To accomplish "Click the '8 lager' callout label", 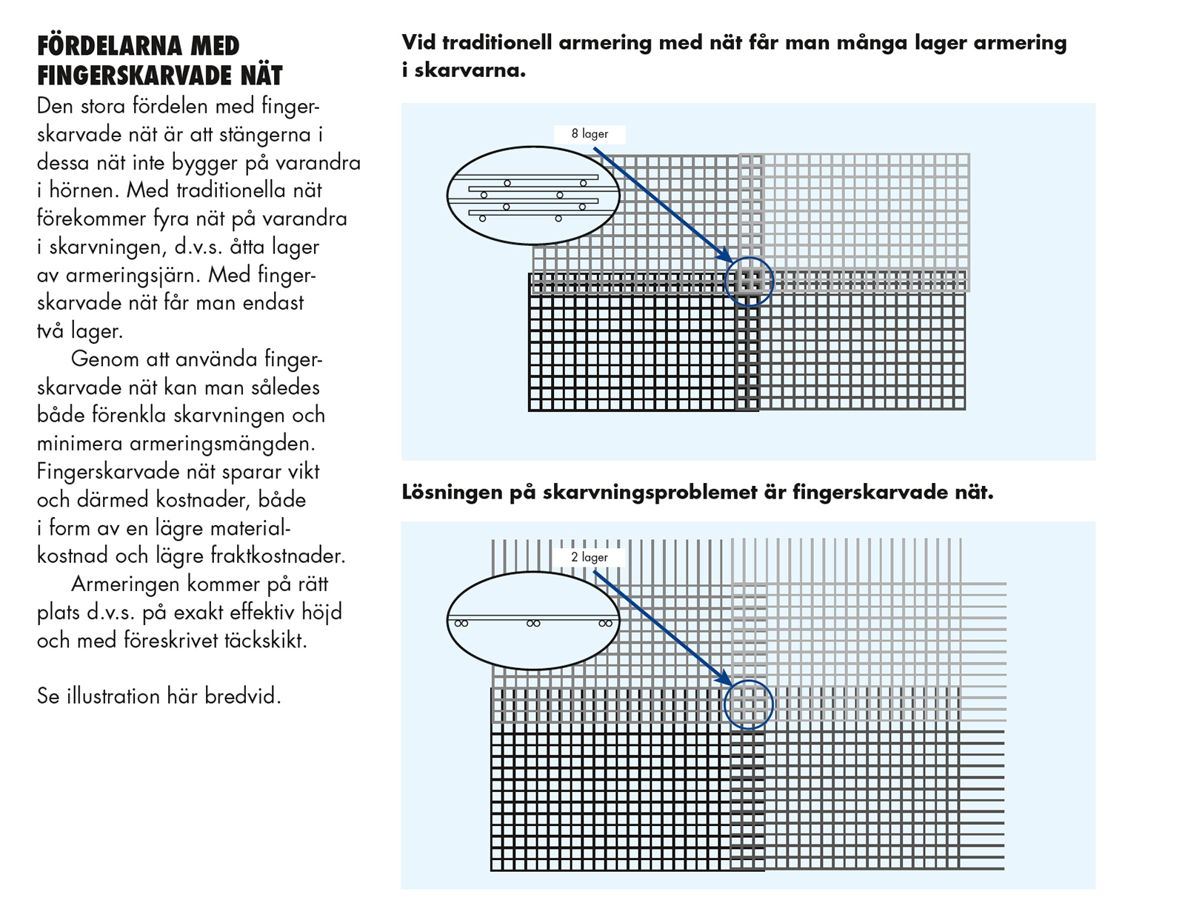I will [x=590, y=134].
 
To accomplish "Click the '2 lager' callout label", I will [x=589, y=557].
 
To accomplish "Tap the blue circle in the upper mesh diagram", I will [x=749, y=281].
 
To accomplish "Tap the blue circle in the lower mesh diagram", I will [x=749, y=704].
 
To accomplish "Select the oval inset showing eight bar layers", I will [x=533, y=195].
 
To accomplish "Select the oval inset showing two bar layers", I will [x=533, y=621].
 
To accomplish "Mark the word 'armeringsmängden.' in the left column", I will [x=222, y=444].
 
